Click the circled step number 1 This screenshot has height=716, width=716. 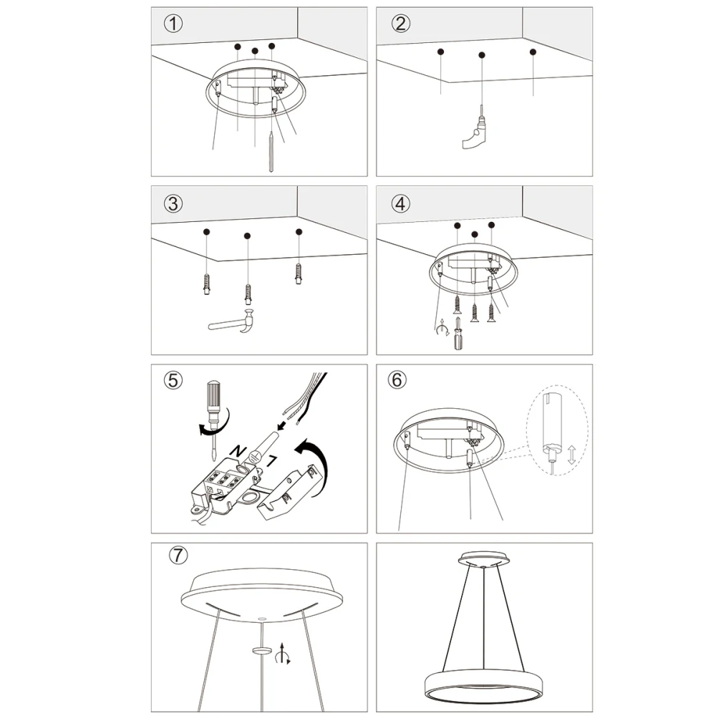pyautogui.click(x=173, y=24)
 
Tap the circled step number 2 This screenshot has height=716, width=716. pyautogui.click(x=400, y=24)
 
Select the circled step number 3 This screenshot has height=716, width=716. pyautogui.click(x=173, y=203)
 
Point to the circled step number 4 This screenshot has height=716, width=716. pyautogui.click(x=400, y=203)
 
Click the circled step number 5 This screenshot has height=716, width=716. pyautogui.click(x=173, y=380)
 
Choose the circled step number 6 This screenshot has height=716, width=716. pyautogui.click(x=397, y=380)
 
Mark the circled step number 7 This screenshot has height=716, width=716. pyautogui.click(x=178, y=556)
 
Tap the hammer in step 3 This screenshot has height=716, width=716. pyautogui.click(x=231, y=321)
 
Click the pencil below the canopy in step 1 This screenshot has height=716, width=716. pyautogui.click(x=271, y=152)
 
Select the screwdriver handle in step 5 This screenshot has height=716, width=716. pyautogui.click(x=213, y=397)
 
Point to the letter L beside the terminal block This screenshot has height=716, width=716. pyautogui.click(x=271, y=461)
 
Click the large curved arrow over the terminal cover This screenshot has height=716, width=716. pyautogui.click(x=315, y=461)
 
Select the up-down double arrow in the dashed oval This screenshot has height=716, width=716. pyautogui.click(x=571, y=455)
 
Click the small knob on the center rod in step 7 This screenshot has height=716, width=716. pyautogui.click(x=261, y=650)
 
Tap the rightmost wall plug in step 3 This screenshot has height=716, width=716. pyautogui.click(x=299, y=273)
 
